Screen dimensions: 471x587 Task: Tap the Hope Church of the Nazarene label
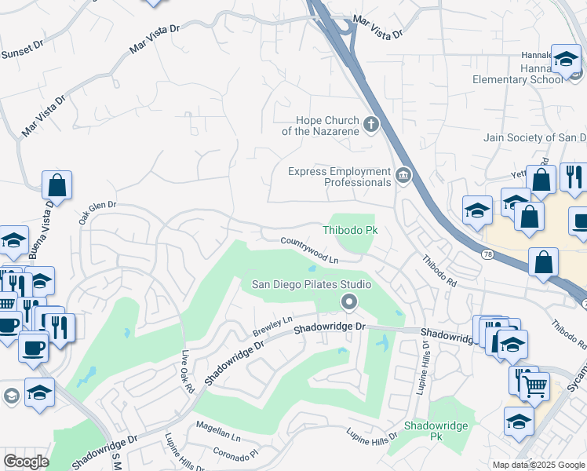[x=326, y=126]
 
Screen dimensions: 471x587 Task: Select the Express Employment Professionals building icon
[x=403, y=174]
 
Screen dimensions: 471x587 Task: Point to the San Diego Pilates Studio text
[x=311, y=284]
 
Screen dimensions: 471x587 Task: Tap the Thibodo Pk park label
[x=351, y=230]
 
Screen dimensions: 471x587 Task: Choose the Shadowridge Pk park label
[x=436, y=430]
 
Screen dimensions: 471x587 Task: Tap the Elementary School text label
[x=517, y=79]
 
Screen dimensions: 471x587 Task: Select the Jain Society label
[x=534, y=137]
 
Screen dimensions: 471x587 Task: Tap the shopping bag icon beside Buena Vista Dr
[x=57, y=185]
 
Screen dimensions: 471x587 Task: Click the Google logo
[x=26, y=462]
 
